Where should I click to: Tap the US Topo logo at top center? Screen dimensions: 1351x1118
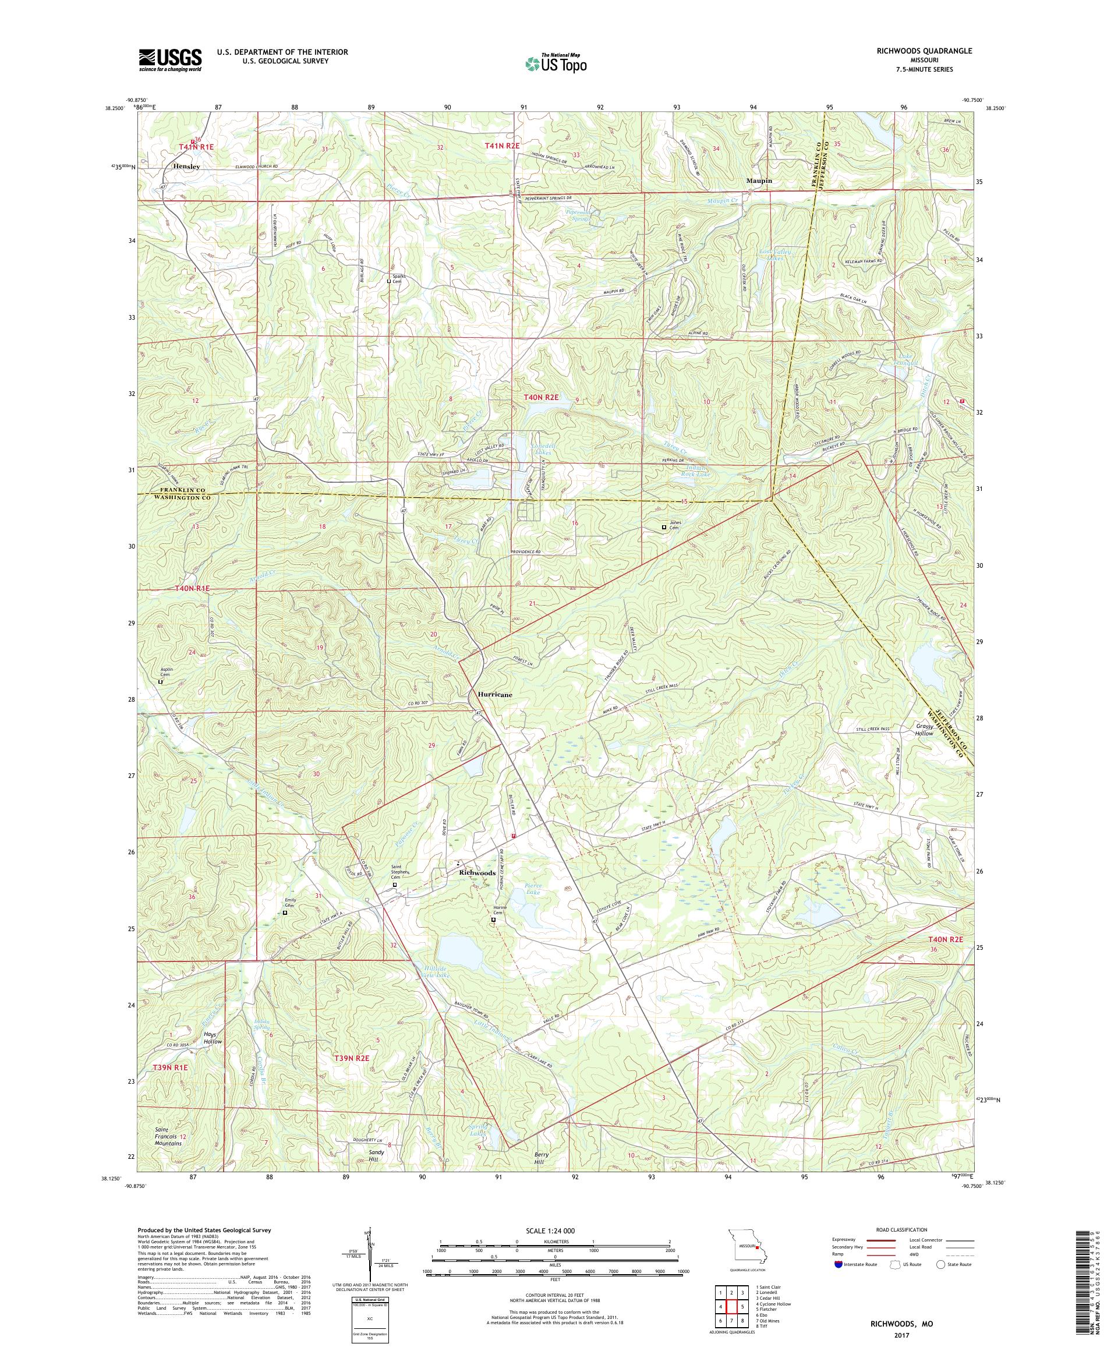point(556,62)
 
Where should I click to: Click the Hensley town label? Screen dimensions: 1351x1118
point(186,166)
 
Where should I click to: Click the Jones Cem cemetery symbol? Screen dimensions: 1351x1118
point(664,528)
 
